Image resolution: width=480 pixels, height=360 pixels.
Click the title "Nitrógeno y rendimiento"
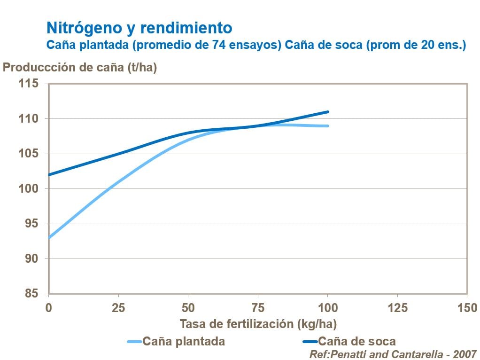pyautogui.click(x=139, y=28)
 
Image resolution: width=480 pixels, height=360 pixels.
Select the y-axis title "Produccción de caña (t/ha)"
pyautogui.click(x=80, y=67)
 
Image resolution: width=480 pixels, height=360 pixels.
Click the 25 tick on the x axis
pyautogui.click(x=118, y=308)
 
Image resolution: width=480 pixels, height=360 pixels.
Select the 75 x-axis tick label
pyautogui.click(x=258, y=308)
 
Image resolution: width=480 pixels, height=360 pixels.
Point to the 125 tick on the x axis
pyautogui.click(x=397, y=308)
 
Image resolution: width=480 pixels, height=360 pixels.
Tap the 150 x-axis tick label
pyautogui.click(x=467, y=308)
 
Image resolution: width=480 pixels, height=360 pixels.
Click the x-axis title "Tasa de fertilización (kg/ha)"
pyautogui.click(x=258, y=324)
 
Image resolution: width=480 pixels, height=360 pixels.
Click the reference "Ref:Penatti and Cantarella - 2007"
pyautogui.click(x=393, y=353)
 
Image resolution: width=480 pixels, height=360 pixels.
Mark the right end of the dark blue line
pyautogui.click(x=328, y=112)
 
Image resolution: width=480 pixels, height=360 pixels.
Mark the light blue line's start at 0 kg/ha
pyautogui.click(x=49, y=238)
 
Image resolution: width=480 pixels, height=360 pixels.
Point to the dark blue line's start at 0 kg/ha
pyautogui.click(x=49, y=175)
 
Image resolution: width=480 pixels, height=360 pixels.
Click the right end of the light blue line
pyautogui.click(x=328, y=126)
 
